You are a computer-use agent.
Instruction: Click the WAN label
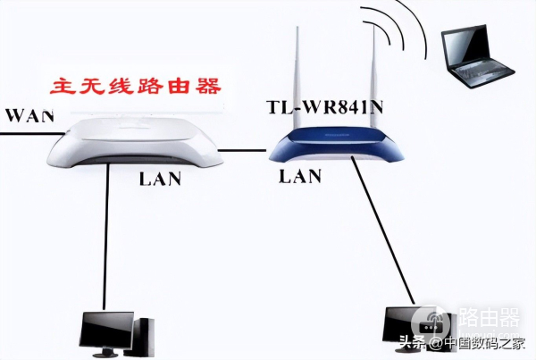pyautogui.click(x=30, y=115)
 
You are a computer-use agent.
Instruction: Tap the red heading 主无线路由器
pyautogui.click(x=136, y=86)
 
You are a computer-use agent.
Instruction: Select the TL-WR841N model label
pyautogui.click(x=325, y=106)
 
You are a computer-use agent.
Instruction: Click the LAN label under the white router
pyautogui.click(x=160, y=179)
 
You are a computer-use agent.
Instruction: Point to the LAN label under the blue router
pyautogui.click(x=300, y=176)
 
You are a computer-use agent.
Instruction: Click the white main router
pyautogui.click(x=135, y=141)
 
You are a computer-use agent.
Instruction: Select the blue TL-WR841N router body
pyautogui.click(x=336, y=145)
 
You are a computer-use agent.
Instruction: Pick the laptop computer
pyautogui.click(x=476, y=56)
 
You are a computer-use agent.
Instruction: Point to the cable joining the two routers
pyautogui.click(x=242, y=150)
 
